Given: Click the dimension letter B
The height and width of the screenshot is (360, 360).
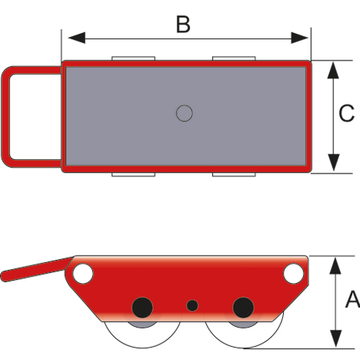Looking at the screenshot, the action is point(184,24).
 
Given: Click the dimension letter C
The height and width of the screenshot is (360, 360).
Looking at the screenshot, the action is point(346,113).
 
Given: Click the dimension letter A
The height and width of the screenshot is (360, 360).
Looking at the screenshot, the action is point(353,299).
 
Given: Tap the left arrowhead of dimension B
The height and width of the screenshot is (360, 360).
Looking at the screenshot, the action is point(77,38).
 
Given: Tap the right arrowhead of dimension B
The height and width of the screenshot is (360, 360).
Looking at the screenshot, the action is point(300,38).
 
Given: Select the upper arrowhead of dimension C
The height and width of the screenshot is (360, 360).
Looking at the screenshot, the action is point(333,70).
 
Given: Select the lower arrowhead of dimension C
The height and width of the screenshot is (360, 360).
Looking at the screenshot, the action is point(333,163).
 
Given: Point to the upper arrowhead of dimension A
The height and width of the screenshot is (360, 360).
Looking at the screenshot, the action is point(336,266).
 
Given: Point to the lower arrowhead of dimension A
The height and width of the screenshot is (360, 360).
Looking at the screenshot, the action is point(336,338).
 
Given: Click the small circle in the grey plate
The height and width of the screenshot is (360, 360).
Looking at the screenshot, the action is point(184,113).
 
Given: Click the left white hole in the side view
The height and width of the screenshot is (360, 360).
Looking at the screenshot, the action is point(83,274).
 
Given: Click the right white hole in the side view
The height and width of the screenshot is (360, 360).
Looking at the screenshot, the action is point(293,274).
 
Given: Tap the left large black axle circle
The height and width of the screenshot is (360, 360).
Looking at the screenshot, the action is point(143,307).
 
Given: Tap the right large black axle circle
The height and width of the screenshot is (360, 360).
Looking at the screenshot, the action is point(243,307).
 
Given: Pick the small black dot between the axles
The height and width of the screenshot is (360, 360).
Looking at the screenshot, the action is point(192,306).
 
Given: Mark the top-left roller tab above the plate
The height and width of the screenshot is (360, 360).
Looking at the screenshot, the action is point(133,58).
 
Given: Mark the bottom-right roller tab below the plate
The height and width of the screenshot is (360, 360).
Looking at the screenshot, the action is point(234,174).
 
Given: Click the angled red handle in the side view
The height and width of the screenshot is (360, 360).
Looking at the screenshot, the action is point(36,270).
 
